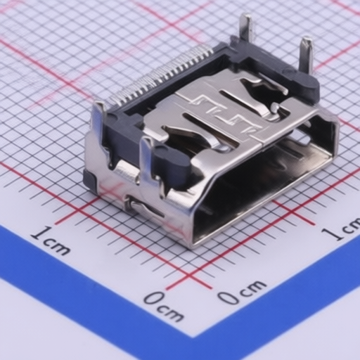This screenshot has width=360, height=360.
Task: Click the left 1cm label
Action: click(x=51, y=240)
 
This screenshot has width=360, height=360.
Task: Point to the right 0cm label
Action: click(x=241, y=291)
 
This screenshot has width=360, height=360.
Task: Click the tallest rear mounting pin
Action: click(x=246, y=26)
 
